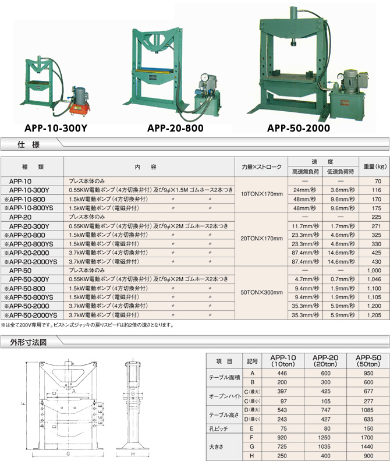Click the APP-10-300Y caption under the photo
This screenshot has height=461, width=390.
pyautogui.click(x=56, y=128)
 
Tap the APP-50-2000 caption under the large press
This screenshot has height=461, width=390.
pyautogui.click(x=299, y=128)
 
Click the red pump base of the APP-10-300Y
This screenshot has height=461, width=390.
pyautogui.click(x=78, y=109)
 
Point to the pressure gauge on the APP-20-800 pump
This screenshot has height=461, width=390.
pyautogui.click(x=203, y=77)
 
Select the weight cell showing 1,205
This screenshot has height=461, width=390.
pyautogui.click(x=374, y=315)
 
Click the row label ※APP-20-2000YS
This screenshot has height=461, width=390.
pyautogui.click(x=31, y=262)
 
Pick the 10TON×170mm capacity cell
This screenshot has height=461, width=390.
pyautogui.click(x=261, y=194)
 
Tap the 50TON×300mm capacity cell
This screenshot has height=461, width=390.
pyautogui.click(x=261, y=293)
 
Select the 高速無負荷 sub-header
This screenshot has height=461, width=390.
pyautogui.click(x=305, y=172)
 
